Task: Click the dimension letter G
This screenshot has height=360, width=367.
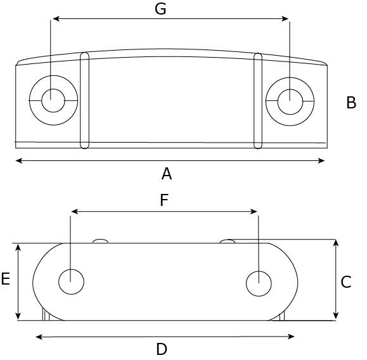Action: [x=160, y=9]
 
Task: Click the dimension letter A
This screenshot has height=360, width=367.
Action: [x=167, y=174]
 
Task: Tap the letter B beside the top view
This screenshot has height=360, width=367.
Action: [x=351, y=103]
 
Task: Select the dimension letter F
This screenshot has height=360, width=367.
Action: [x=164, y=200]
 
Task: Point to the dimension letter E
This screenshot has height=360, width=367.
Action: [x=5, y=279]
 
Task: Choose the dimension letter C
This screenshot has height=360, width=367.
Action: [x=346, y=282]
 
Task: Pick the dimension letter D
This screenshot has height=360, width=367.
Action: [x=162, y=349]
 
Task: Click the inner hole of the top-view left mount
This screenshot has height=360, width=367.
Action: [x=53, y=100]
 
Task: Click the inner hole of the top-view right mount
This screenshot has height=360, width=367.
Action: [x=290, y=102]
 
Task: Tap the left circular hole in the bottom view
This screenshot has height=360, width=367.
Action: [x=71, y=281]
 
